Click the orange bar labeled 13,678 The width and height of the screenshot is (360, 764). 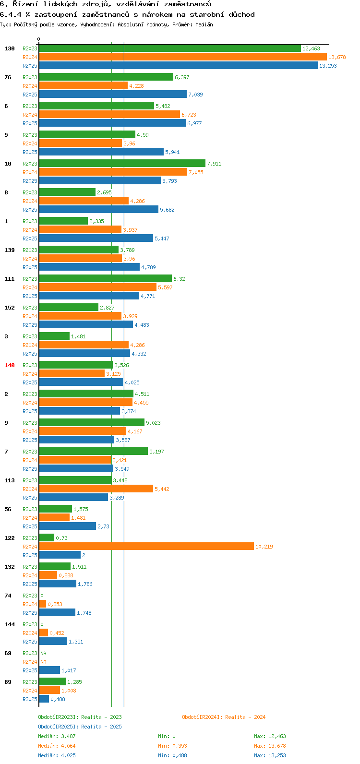click(x=182, y=57)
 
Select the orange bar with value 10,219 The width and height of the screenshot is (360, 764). click(x=146, y=547)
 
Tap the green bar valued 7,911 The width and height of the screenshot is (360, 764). click(x=122, y=164)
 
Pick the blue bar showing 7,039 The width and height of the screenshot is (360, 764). click(x=113, y=95)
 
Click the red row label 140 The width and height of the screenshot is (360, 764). click(x=10, y=365)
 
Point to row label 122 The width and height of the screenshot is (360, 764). click(x=10, y=538)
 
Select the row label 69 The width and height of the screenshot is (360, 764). click(x=8, y=653)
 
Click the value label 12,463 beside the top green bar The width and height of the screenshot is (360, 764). click(x=311, y=48)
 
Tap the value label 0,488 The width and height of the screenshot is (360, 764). click(x=58, y=699)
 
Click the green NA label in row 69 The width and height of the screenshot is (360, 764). click(x=43, y=653)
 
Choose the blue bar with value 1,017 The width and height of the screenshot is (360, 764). click(x=49, y=670)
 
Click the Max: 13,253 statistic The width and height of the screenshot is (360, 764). click(x=270, y=755)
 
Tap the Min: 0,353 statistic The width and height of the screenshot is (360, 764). click(x=172, y=746)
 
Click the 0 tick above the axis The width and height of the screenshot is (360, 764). click(x=39, y=39)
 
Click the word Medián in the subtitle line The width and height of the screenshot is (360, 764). click(x=204, y=24)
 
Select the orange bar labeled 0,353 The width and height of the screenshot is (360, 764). click(x=43, y=604)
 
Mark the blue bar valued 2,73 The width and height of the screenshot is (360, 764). click(x=68, y=526)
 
